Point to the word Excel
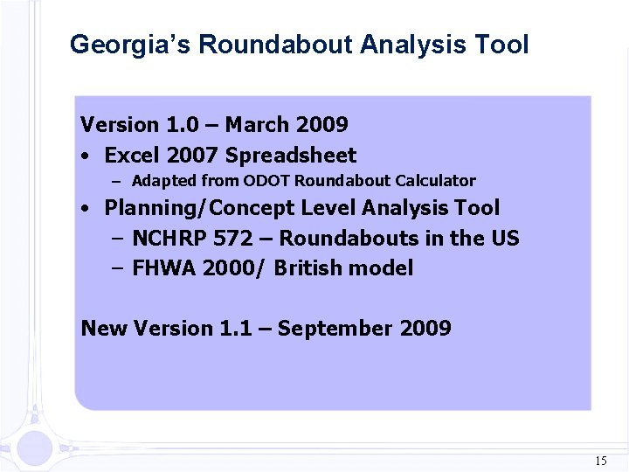(132, 156)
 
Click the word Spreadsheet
(291, 156)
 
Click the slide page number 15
(600, 460)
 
